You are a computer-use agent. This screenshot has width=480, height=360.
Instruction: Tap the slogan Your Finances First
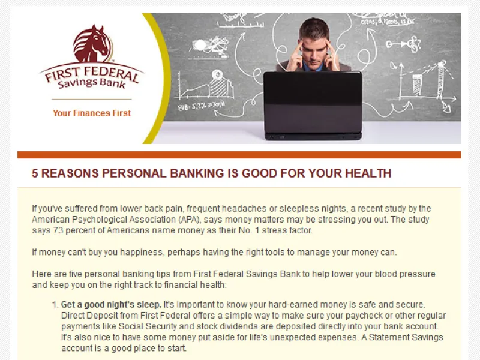(x=92, y=113)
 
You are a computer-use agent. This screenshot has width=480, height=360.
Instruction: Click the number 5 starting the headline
(x=35, y=174)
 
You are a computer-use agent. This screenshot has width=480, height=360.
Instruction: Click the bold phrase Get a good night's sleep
(x=111, y=305)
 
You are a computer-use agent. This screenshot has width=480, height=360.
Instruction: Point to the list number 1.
(x=55, y=305)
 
